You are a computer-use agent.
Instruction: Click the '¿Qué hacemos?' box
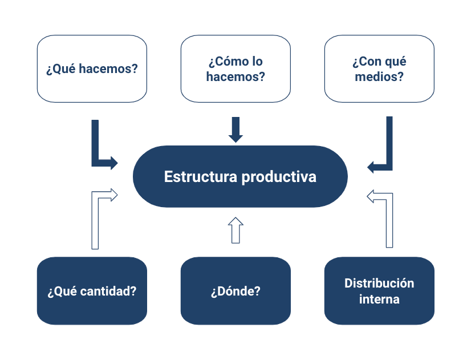pos(92,69)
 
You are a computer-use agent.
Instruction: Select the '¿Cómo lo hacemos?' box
pos(235,69)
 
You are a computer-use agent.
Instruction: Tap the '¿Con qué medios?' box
pos(379,69)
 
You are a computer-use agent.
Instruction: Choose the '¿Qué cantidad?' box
pos(92,291)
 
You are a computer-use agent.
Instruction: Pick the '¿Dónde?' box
pos(235,291)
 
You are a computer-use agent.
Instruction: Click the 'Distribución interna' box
pos(379,291)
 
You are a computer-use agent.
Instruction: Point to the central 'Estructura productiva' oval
pos(240,177)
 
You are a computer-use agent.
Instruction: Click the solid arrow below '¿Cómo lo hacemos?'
pos(235,130)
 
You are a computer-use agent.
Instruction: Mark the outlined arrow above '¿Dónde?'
pos(235,230)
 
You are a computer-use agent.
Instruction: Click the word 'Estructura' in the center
pos(201,177)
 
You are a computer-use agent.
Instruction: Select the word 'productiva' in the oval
pos(279,177)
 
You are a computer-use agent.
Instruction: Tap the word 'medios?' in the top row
pos(379,76)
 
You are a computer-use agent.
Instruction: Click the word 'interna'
pos(379,299)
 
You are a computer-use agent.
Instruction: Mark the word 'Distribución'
pos(379,283)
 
